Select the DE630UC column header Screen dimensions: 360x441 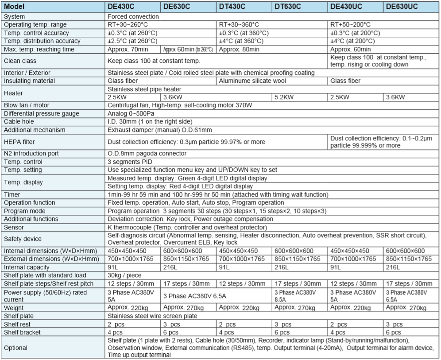tap(402, 7)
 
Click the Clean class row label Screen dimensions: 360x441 tap(20, 61)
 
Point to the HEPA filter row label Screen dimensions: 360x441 tap(19, 141)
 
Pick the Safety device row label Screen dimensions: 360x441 tap(23, 238)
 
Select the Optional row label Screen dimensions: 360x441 tap(15, 348)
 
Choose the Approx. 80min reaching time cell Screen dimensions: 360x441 tap(239, 49)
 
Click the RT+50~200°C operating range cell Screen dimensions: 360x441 tap(350, 24)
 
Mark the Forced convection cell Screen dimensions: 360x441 tap(133, 16)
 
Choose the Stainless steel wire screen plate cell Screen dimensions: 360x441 tap(153, 316)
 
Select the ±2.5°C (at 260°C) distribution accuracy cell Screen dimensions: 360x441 tap(133, 41)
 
